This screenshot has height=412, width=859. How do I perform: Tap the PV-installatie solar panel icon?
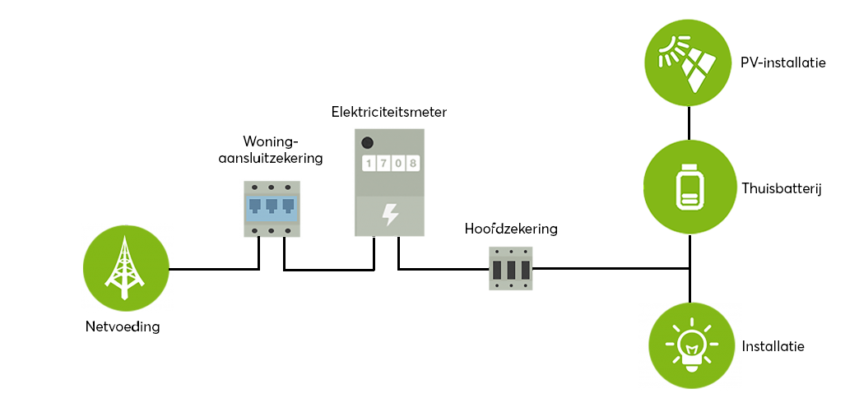point(688,62)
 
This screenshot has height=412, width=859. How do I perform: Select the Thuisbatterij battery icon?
point(688,187)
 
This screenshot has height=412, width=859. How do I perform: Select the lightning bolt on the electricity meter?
point(391,215)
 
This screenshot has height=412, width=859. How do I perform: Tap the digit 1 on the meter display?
point(369,164)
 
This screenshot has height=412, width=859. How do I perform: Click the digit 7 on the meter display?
point(383,164)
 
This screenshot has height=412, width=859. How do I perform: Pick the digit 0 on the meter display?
point(398,164)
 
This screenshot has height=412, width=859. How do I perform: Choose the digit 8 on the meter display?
point(412,164)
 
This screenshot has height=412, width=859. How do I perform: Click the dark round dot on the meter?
point(368,142)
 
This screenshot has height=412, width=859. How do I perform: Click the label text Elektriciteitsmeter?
point(389,111)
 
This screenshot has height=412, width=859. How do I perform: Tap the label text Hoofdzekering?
point(510,229)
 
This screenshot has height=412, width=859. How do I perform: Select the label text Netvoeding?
point(123,326)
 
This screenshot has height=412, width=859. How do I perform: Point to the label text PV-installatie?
point(782,62)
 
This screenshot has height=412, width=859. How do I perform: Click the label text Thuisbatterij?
point(782,188)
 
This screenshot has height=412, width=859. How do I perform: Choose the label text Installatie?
point(773,346)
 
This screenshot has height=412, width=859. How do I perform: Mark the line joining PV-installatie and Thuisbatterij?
point(688,121)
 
